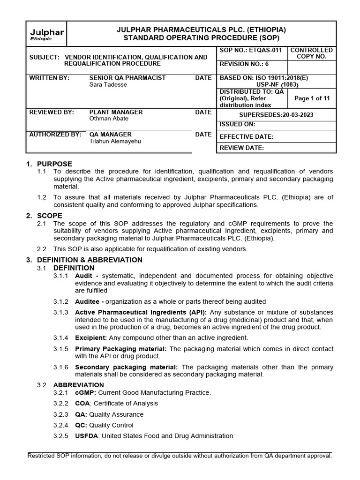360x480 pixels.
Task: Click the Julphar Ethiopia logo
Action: click(47, 35)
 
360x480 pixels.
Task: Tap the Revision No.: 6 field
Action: click(244, 65)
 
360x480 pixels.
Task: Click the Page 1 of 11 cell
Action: click(312, 98)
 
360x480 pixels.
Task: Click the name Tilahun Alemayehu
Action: click(115, 141)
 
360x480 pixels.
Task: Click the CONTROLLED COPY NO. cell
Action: click(312, 53)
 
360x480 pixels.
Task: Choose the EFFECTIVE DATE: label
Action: click(247, 137)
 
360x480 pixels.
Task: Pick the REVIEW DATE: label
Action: click(242, 148)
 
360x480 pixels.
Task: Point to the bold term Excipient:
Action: click(91, 337)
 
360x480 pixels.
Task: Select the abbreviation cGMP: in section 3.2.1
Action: click(85, 392)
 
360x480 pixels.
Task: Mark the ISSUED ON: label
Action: click(238, 125)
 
